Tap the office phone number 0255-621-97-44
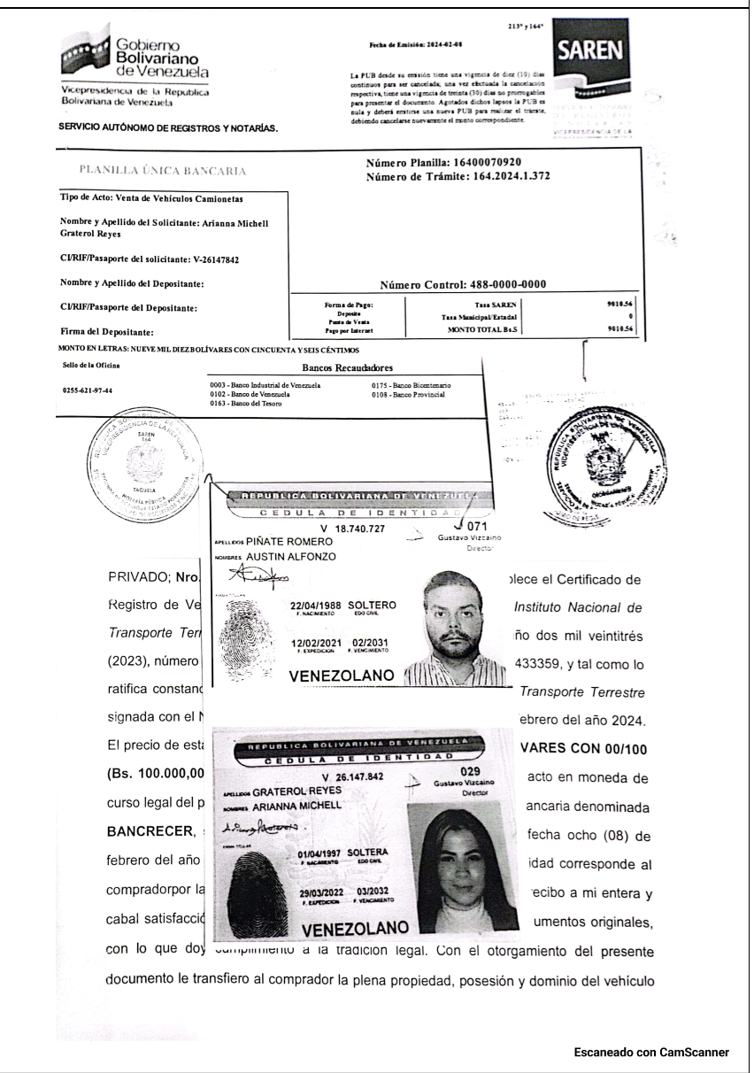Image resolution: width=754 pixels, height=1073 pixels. pos(94,390)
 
